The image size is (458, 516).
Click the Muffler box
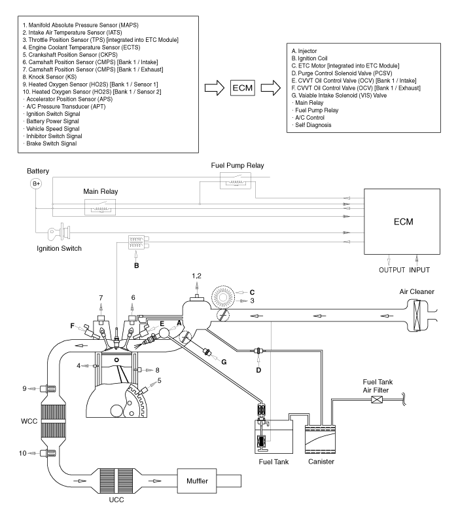[197, 481]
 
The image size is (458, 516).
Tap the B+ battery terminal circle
[36, 183]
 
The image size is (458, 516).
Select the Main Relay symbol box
[100, 207]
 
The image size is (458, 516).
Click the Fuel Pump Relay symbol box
[236, 181]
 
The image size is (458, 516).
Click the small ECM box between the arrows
[243, 88]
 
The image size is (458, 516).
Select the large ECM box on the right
[402, 221]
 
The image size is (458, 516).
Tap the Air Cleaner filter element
[417, 316]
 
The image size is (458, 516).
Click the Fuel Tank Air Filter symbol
[376, 400]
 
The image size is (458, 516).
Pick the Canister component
[320, 440]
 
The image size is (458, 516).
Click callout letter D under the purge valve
[258, 370]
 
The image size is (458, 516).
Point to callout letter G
[224, 362]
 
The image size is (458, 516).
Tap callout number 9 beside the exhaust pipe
[24, 389]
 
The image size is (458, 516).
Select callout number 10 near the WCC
[22, 453]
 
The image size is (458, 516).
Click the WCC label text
[29, 421]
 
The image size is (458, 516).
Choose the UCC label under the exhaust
[116, 500]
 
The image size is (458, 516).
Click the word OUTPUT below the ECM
[391, 270]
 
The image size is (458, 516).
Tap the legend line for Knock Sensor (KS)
[49, 77]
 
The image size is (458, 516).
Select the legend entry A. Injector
[304, 51]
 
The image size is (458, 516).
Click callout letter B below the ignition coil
[137, 265]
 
